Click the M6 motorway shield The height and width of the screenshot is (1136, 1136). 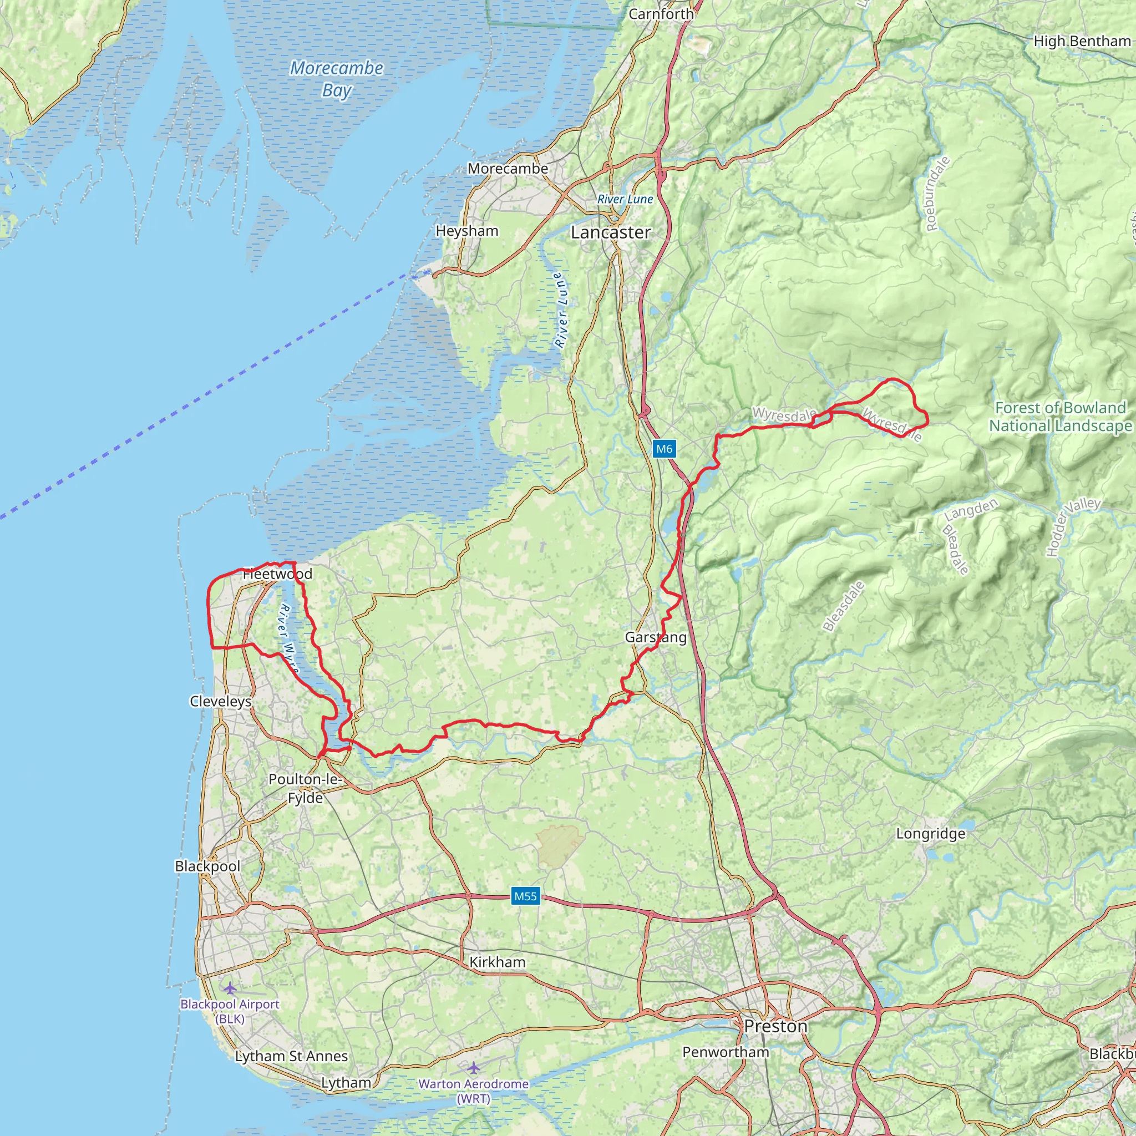pos(664,449)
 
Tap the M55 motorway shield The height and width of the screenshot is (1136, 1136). pos(525,896)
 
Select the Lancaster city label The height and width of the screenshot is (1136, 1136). pos(610,232)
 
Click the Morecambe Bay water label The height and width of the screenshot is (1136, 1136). pos(336,79)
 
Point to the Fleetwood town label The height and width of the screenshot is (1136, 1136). pos(277,574)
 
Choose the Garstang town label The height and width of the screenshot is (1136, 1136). pos(656,637)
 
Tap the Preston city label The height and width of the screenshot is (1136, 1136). pos(775,1026)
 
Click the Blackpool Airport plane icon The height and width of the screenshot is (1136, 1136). pos(229,988)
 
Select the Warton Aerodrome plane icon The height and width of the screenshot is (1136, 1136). pos(473,1067)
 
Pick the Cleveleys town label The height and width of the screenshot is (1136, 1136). pos(221,701)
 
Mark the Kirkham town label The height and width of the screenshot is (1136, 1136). pos(498,962)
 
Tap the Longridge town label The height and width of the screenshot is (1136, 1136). pos(930,833)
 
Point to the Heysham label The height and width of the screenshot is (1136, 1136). pos(467,231)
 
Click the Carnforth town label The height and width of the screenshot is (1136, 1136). pos(661,13)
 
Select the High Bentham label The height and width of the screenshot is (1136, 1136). pos(1082,41)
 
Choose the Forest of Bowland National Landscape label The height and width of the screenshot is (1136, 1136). pos(1060,417)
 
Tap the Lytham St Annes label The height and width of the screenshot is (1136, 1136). pos(291,1056)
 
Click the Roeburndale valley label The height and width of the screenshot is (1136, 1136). pos(937,194)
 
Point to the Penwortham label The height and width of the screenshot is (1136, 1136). pos(726,1052)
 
